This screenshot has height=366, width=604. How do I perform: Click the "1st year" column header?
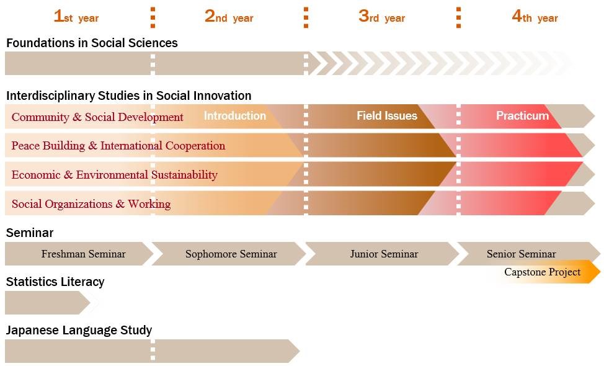coord(76,17)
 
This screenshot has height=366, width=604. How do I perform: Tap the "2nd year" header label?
coord(229,17)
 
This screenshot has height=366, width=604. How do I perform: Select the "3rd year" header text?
coord(382,17)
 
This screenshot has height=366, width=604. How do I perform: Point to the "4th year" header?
coord(535,17)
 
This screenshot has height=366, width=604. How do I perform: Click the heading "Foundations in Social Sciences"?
coord(92,43)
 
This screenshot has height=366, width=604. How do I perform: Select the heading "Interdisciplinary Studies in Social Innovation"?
coord(128,96)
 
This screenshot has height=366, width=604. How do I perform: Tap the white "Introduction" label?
coord(235,115)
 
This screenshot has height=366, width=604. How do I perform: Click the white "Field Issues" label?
coord(387,115)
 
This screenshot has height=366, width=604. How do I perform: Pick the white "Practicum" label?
coord(522,115)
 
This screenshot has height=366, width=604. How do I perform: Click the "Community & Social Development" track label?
coord(97,117)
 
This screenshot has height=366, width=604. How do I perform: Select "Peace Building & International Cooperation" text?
coord(118,146)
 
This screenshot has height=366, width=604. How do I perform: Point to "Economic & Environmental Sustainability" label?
coord(114,174)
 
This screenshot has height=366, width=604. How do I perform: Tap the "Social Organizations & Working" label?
coord(91,204)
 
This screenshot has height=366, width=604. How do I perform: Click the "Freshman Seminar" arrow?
coord(79,254)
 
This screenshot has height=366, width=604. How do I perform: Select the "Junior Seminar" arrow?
coord(382,254)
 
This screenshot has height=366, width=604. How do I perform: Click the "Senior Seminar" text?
coord(521,254)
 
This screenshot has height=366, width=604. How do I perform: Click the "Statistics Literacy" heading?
coord(55,282)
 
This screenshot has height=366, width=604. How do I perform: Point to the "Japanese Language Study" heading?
coord(79,330)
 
